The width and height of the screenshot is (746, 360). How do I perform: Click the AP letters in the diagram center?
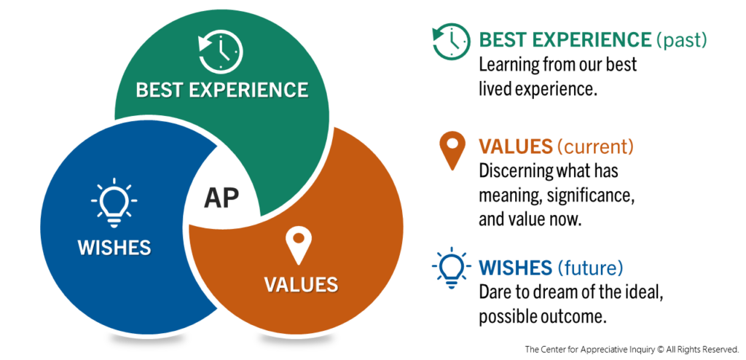[x=221, y=197]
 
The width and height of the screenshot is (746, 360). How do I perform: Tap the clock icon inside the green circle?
[x=221, y=52]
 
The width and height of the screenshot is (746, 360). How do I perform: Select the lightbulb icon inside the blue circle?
[x=114, y=201]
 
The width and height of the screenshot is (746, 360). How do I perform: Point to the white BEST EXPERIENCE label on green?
[x=222, y=90]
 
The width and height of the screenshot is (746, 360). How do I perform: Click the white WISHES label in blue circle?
[x=114, y=247]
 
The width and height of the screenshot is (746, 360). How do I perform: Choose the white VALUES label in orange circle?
[x=301, y=283]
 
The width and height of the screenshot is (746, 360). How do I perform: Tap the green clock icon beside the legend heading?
[x=451, y=42]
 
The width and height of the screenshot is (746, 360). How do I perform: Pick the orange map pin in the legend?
[x=452, y=151]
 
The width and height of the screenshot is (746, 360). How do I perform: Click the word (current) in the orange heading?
[x=595, y=146]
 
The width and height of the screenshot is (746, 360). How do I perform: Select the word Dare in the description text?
[x=495, y=292]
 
